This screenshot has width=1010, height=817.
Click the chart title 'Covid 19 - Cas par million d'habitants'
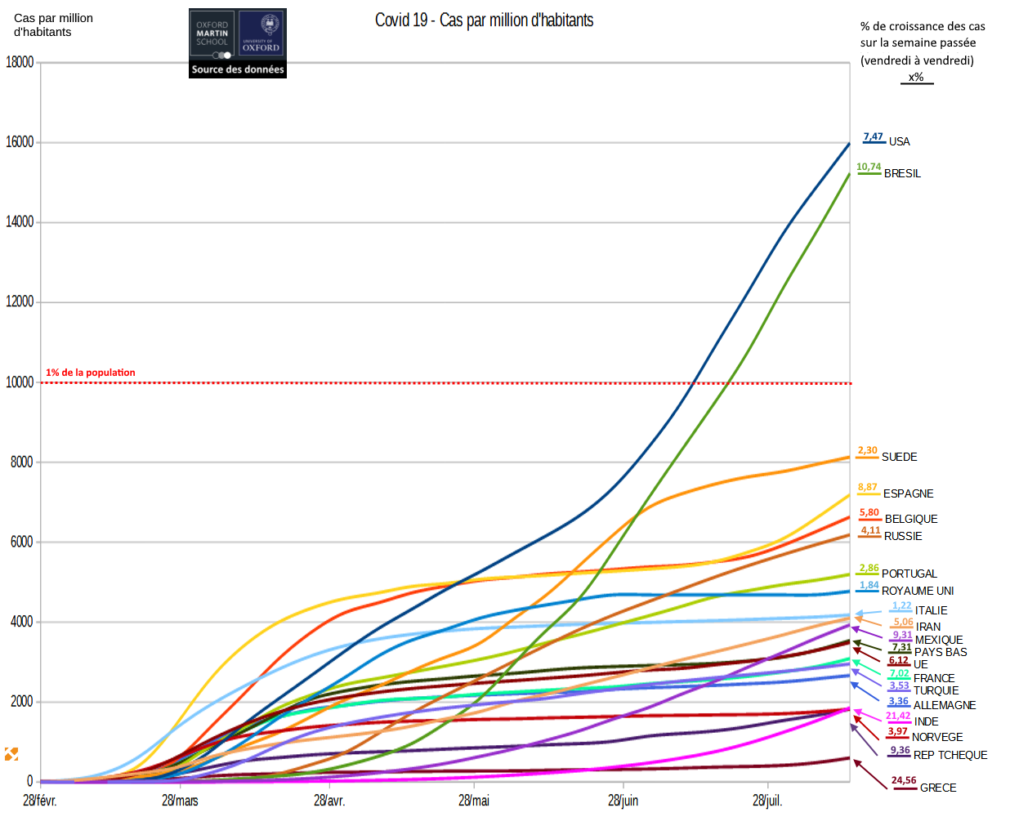[x=484, y=20]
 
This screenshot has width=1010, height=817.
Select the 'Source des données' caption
[x=238, y=70]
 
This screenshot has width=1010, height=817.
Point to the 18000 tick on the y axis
[x=20, y=62]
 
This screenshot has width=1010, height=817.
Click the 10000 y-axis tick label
[x=20, y=382]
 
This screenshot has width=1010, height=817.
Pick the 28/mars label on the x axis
[x=180, y=801]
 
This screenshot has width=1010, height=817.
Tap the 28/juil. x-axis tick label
[x=767, y=801]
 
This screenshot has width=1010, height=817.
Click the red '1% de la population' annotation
[x=91, y=373]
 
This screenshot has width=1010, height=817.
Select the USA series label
[x=899, y=141]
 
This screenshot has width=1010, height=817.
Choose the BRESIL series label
[x=902, y=173]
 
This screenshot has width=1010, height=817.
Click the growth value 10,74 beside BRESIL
[x=869, y=167]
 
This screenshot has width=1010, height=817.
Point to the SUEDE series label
[x=899, y=457]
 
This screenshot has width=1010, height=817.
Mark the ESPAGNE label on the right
[x=908, y=493]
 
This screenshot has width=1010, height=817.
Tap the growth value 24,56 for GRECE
[x=904, y=780]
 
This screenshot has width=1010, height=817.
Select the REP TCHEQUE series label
[x=950, y=755]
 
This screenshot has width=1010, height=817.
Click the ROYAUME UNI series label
[x=918, y=591]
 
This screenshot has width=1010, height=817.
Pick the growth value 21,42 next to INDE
[x=898, y=716]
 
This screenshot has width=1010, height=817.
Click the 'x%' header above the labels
[x=916, y=78]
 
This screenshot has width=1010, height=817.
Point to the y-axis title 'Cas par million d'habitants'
[x=53, y=25]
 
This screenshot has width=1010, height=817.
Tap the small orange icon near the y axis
[x=11, y=753]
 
